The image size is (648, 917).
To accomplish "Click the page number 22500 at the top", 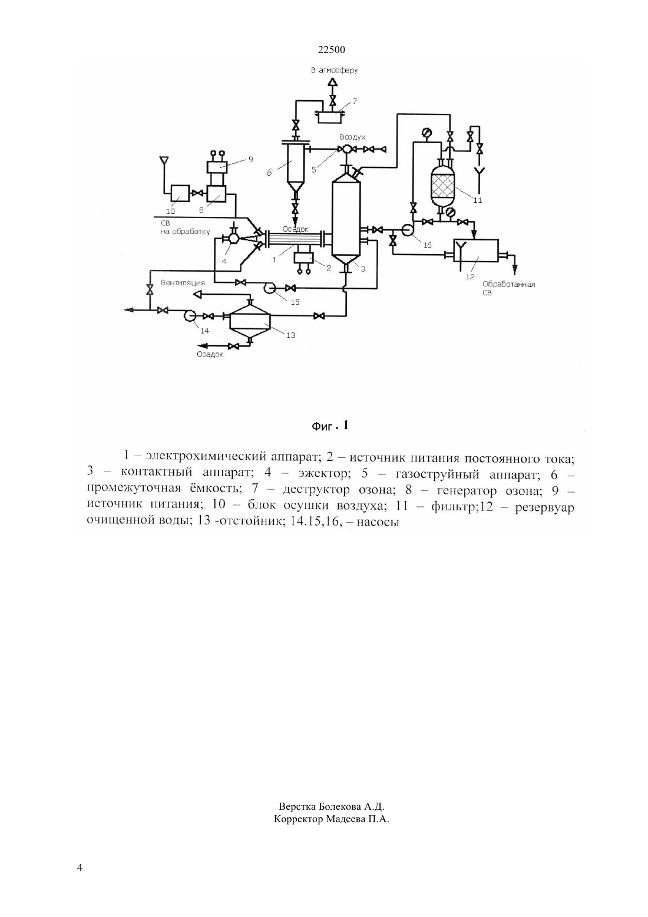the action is point(331,50).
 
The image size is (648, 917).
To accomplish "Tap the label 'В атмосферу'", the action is point(334,70).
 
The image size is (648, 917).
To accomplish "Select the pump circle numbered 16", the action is point(408,230).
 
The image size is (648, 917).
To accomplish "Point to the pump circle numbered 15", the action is point(270,288).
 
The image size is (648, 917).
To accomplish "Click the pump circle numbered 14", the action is point(190,316).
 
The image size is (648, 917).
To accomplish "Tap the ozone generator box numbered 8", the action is point(216,193).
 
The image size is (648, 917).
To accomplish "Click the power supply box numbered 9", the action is point(217,167).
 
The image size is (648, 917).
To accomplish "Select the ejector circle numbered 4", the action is point(233,239).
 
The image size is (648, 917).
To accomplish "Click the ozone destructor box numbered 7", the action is point(330,117).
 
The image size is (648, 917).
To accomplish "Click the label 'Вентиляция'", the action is point(183,283).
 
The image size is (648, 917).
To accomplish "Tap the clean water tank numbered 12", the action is point(476,250).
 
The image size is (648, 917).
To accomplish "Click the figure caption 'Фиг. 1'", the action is point(330,426).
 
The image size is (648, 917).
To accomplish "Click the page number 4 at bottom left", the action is point(80,868).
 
